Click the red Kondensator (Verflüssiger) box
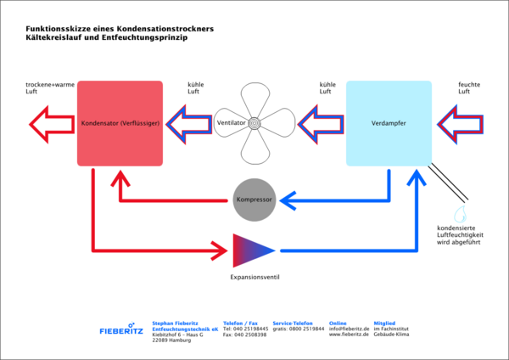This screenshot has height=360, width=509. coord(120,123)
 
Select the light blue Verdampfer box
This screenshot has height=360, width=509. coord(389,123)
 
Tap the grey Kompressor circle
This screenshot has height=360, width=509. coord(254,200)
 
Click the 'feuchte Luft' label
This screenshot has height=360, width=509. coord(470,88)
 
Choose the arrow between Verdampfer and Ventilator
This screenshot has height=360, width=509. coord(320,124)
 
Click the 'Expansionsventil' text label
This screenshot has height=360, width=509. coord(255,277)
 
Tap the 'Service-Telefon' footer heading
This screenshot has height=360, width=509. coord(293,323)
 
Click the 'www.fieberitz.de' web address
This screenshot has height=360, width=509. coord(348,335)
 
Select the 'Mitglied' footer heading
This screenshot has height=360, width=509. coord(384,323)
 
